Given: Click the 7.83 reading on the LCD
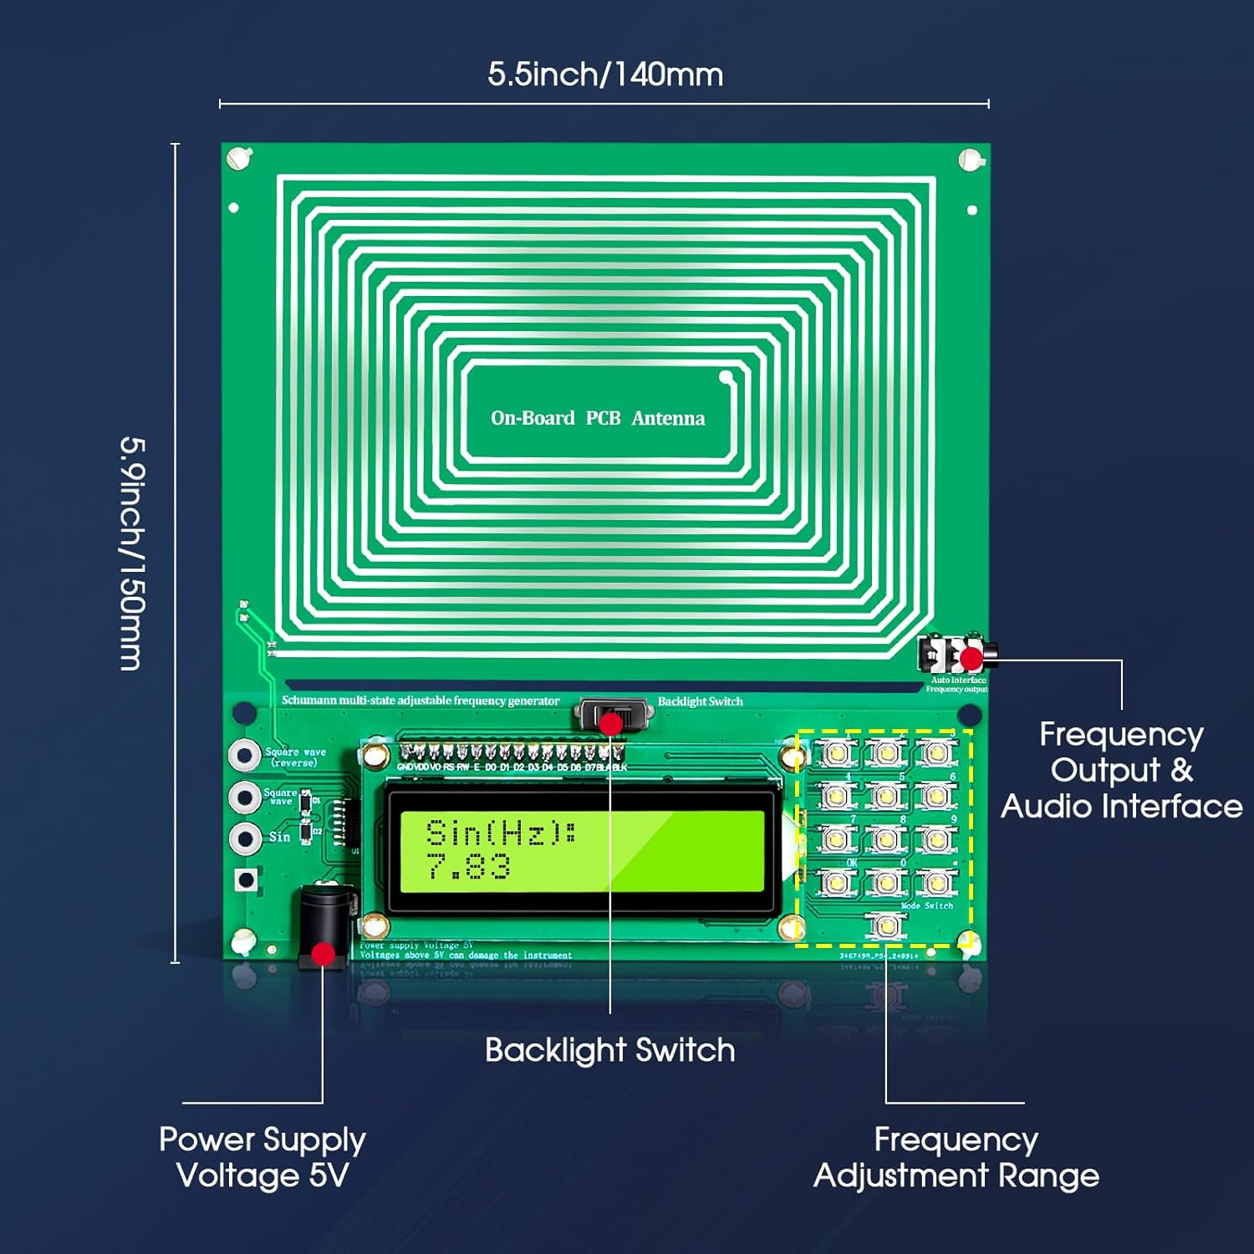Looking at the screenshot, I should pyautogui.click(x=468, y=868).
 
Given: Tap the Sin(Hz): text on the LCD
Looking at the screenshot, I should pyautogui.click(x=500, y=833).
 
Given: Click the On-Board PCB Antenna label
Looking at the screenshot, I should pyautogui.click(x=598, y=418).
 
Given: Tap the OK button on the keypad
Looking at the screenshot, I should pyautogui.click(x=835, y=882).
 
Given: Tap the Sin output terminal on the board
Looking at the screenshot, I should pyautogui.click(x=245, y=837).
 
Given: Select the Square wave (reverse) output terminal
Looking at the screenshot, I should pyautogui.click(x=245, y=755).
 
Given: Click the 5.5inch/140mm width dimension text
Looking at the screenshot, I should pyautogui.click(x=605, y=74).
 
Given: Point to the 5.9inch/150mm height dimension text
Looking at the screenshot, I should pyautogui.click(x=132, y=553).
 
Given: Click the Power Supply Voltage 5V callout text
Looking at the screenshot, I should pyautogui.click(x=263, y=1157).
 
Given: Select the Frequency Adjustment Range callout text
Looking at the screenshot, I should pyautogui.click(x=956, y=1157).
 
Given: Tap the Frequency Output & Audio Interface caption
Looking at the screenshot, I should pyautogui.click(x=1121, y=770).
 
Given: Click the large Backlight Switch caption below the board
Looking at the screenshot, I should pyautogui.click(x=609, y=1050).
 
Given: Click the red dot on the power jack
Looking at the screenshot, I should pyautogui.click(x=323, y=954).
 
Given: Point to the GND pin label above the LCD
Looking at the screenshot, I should pyautogui.click(x=405, y=767).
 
